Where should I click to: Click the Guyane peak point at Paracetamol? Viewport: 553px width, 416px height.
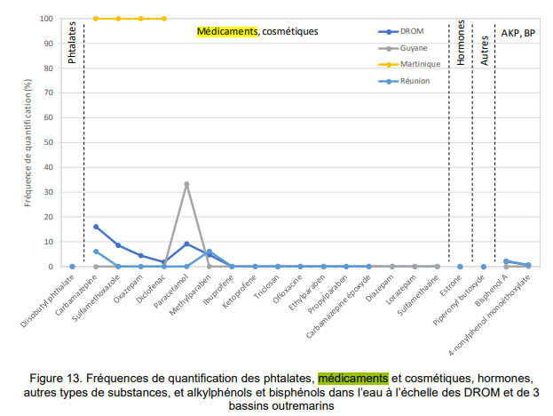186,184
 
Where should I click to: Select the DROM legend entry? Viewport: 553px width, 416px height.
412,30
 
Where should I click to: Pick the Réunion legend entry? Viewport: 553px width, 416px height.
415,81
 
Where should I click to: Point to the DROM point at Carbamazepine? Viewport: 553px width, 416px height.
96,227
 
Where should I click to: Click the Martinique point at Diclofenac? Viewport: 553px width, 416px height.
164,19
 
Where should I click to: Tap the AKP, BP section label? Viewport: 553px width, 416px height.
517,32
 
